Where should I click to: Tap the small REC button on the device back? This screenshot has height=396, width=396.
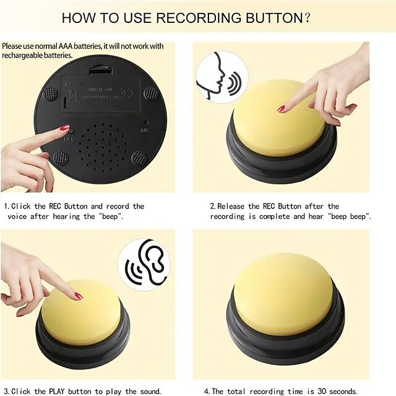point(71,131)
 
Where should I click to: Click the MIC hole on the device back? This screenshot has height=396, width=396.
point(145,122)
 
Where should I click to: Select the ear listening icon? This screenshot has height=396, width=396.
point(144,262)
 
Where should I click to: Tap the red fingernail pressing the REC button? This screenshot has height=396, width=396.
point(64,127)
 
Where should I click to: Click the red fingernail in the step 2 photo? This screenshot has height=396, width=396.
point(282,109)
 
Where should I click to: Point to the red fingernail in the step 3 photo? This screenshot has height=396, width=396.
point(79,296)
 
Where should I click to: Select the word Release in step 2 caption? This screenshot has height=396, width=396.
point(234,206)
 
